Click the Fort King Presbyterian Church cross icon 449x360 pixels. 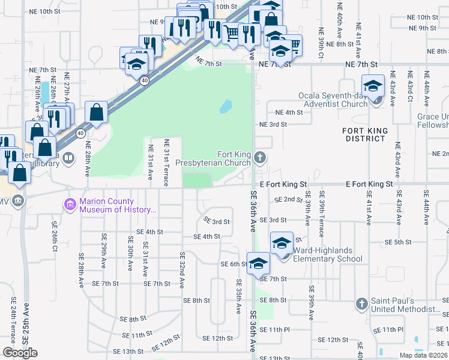tap(260, 158)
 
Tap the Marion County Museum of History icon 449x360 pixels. tap(71, 205)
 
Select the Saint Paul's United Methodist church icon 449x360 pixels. tap(361, 304)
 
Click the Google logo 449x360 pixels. tap(20, 353)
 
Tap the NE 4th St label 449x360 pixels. tap(289, 112)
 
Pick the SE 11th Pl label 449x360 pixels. tap(388, 329)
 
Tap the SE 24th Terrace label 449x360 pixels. tap(13, 324)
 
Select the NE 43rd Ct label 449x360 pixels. tap(409, 89)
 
